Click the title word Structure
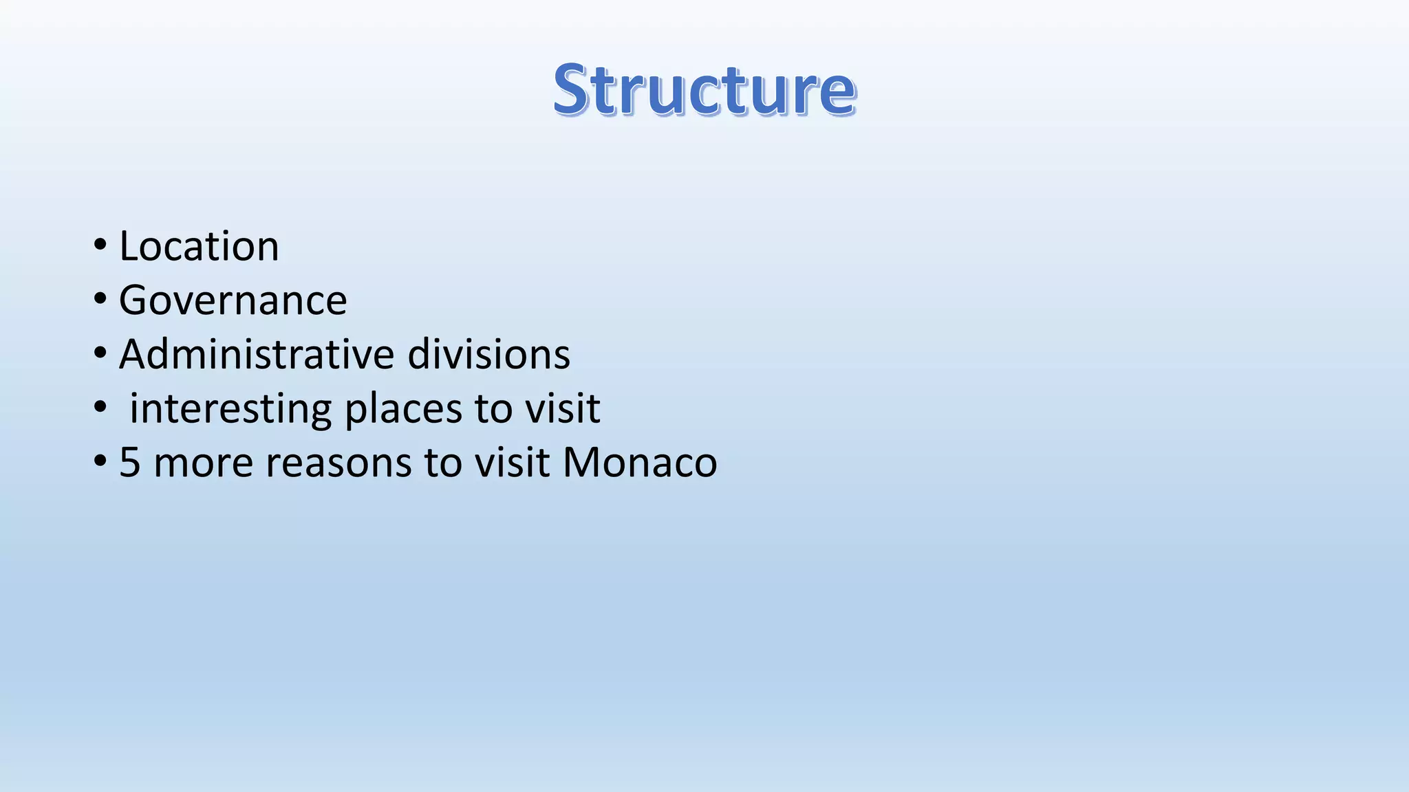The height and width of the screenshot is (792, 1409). point(704,89)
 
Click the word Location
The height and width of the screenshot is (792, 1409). point(199,246)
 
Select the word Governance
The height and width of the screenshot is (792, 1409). point(233,300)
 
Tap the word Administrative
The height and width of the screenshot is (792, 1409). point(257,355)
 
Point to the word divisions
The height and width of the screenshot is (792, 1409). point(488,355)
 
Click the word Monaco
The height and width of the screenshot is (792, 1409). point(639,462)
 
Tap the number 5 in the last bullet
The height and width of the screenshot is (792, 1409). point(129,462)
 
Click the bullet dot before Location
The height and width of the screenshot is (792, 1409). point(100,245)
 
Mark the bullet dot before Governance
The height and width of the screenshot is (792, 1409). point(100,299)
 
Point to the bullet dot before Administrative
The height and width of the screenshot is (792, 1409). point(100,353)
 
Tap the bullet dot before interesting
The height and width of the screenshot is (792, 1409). point(100,408)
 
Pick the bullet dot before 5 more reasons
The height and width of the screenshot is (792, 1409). point(100,461)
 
